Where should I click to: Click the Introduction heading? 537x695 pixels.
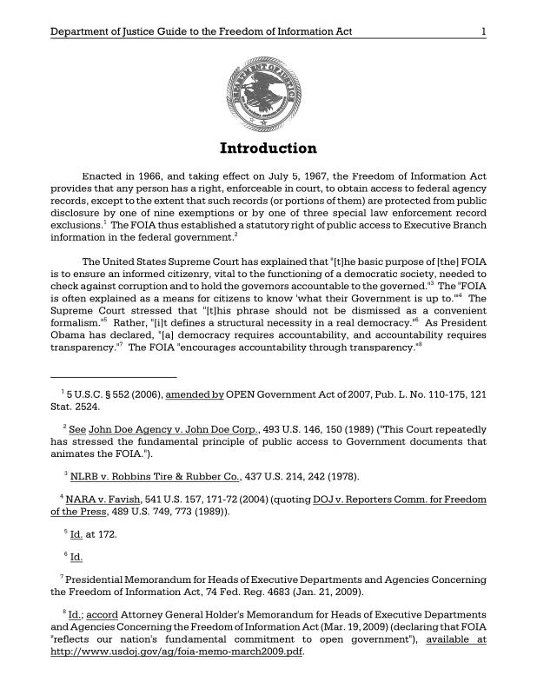pos(268,148)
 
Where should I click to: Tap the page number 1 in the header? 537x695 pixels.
pos(482,32)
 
